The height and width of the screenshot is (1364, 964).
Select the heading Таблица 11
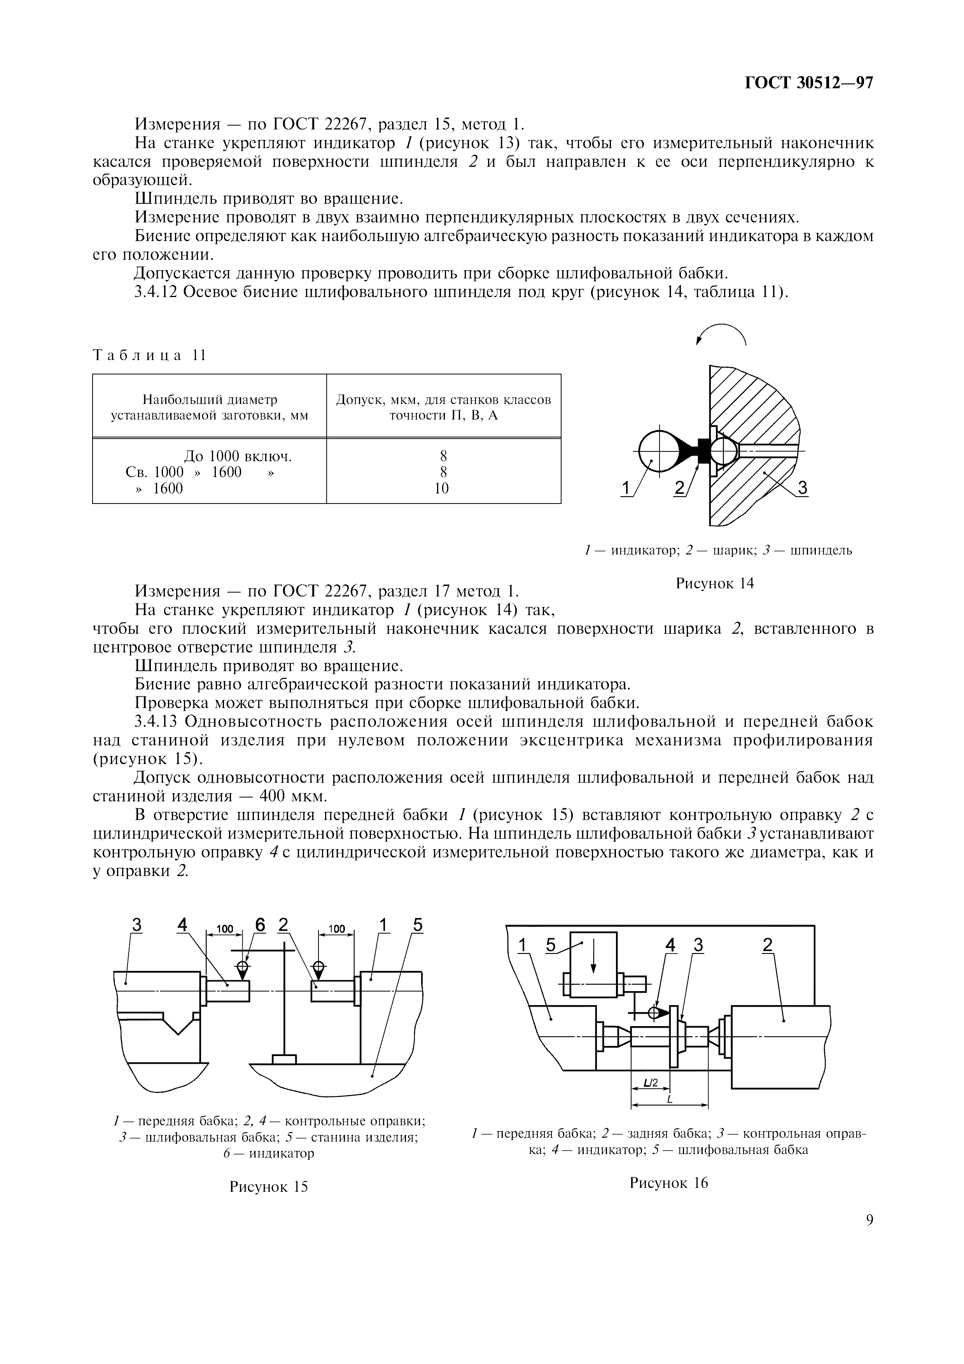tap(149, 355)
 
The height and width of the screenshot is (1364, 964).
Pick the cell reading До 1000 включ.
tap(238, 456)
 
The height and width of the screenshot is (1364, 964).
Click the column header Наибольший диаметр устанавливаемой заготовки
tap(209, 407)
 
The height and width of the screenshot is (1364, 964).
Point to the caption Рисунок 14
tap(714, 583)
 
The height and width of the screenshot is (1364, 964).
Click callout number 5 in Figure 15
tap(418, 925)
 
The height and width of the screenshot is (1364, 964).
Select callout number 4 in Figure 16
tap(670, 944)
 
